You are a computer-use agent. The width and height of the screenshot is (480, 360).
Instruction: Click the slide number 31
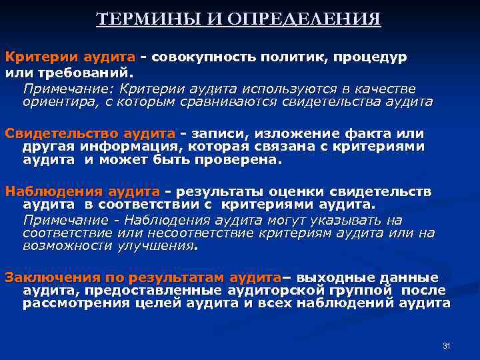pos(447,345)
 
